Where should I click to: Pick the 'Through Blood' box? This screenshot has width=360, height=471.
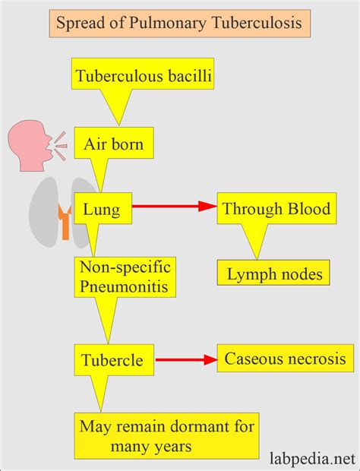pyautogui.click(x=276, y=207)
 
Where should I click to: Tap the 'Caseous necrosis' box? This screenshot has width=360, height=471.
pyautogui.click(x=286, y=357)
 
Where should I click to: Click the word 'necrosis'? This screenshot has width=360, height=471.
pyautogui.click(x=317, y=357)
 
